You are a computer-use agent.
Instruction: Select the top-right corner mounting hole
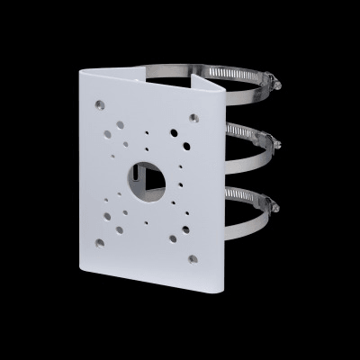(x=193, y=117)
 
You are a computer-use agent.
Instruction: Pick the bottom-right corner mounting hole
(x=193, y=259)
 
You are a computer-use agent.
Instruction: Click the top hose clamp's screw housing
(x=273, y=82)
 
